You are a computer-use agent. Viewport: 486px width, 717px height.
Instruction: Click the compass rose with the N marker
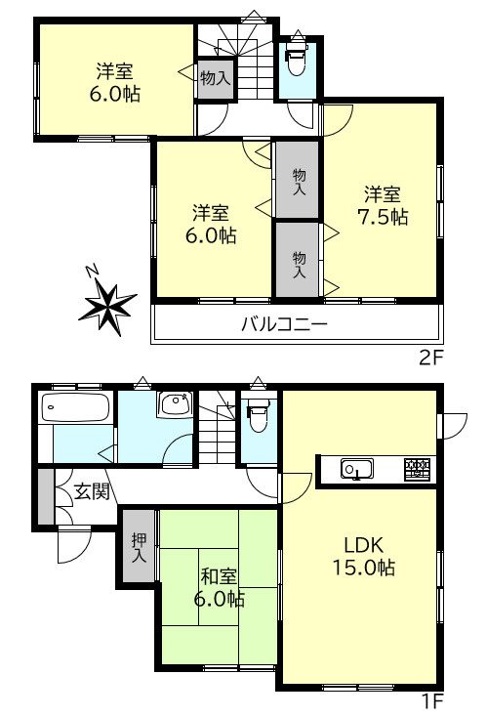107,304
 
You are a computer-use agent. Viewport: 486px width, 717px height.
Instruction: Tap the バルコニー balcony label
285,324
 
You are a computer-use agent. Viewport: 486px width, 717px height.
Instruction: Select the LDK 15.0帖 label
364,556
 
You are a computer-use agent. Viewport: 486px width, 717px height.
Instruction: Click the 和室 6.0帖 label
219,587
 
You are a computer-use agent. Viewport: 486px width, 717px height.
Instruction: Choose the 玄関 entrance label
92,491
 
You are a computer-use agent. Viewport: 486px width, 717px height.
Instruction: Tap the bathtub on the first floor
76,408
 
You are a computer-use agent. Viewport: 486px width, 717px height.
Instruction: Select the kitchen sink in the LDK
357,469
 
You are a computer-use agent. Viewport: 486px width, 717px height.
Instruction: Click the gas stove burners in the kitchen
417,469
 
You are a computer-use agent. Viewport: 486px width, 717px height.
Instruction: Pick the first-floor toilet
259,415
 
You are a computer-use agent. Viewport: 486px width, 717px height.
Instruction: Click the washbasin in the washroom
176,404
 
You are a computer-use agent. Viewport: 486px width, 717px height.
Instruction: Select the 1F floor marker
431,701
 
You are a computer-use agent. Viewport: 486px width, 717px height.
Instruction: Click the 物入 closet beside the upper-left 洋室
216,77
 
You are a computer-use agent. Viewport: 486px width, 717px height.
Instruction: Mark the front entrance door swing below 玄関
74,545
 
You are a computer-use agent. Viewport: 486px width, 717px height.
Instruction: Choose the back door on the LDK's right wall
453,426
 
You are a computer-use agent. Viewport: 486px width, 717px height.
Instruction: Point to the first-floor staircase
218,428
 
